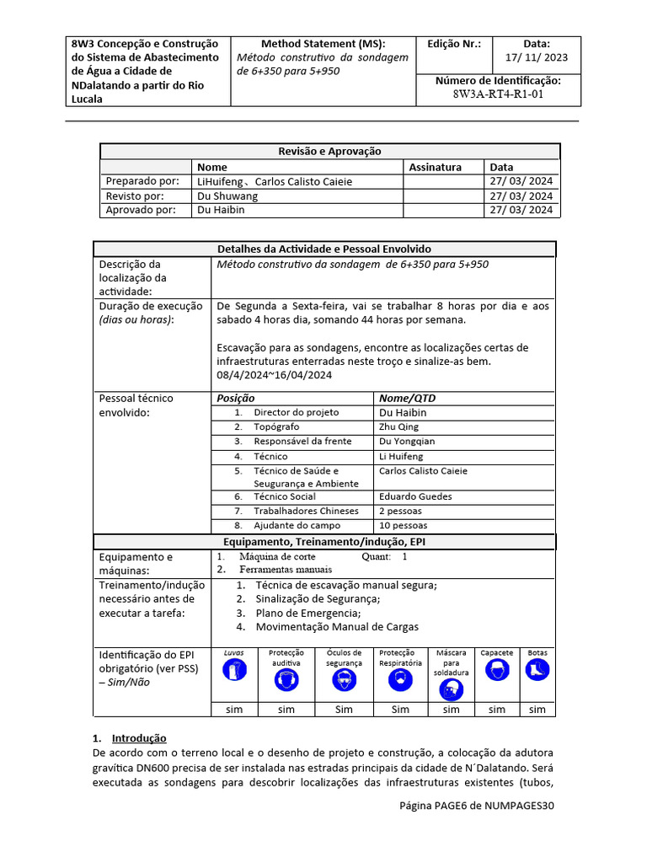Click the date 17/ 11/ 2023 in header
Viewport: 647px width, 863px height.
[536, 57]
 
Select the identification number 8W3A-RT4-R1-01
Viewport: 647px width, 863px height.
[498, 94]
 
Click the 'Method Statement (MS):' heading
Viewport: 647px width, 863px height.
[323, 44]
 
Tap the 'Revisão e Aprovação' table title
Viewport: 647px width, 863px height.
[329, 151]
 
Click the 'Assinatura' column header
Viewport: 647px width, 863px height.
[435, 167]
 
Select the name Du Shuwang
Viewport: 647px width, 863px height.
[227, 196]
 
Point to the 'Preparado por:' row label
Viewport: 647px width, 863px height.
[142, 181]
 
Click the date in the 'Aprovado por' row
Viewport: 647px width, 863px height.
[521, 210]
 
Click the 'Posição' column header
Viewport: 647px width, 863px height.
[236, 398]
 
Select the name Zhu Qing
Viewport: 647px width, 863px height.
[398, 427]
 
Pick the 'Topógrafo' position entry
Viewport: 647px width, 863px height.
[284, 427]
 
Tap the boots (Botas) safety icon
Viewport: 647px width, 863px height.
[537, 670]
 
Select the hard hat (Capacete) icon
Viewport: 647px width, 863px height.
[496, 671]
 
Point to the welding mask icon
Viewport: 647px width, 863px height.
[451, 689]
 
